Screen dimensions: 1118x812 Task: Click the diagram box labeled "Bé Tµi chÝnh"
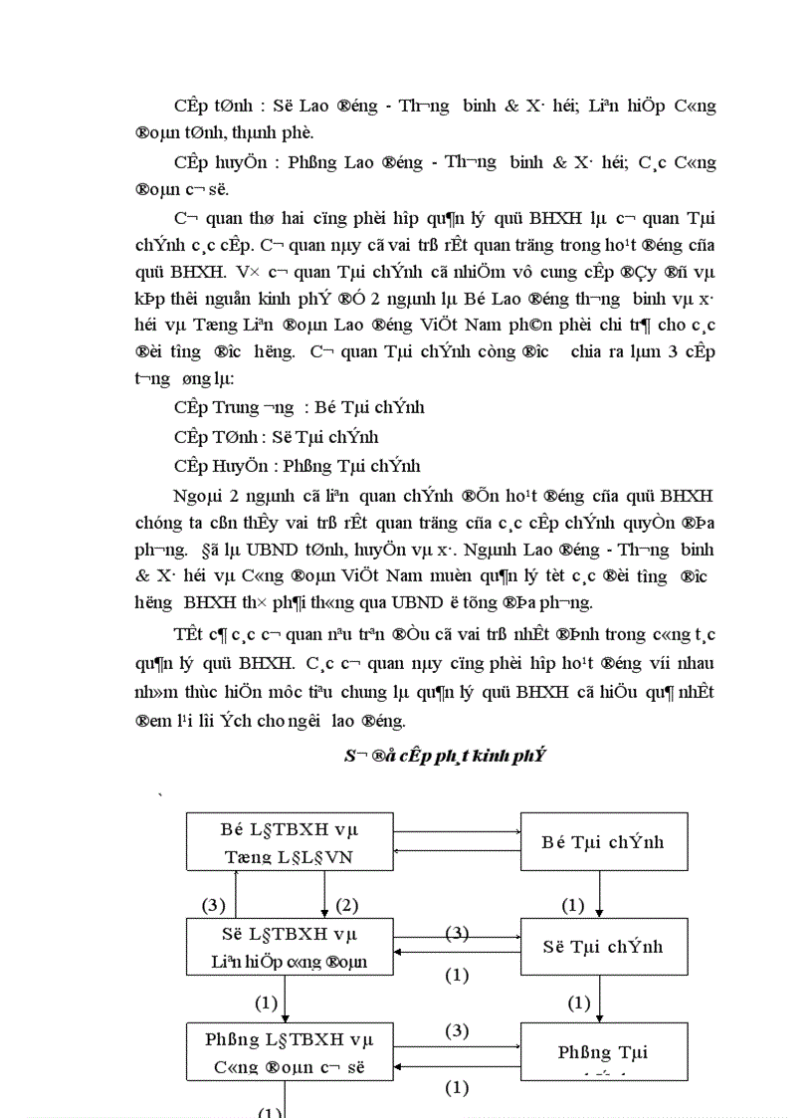(x=602, y=842)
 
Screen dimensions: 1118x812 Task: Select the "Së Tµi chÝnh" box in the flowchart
(x=602, y=947)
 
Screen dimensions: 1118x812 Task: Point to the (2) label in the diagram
(x=346, y=905)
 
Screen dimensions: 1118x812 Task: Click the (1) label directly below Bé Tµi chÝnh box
(x=573, y=905)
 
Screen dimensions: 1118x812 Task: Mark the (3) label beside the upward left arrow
(x=214, y=905)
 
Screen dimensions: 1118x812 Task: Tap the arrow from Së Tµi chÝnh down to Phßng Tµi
(x=600, y=1001)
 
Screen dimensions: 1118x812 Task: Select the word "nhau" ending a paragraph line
(x=695, y=664)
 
